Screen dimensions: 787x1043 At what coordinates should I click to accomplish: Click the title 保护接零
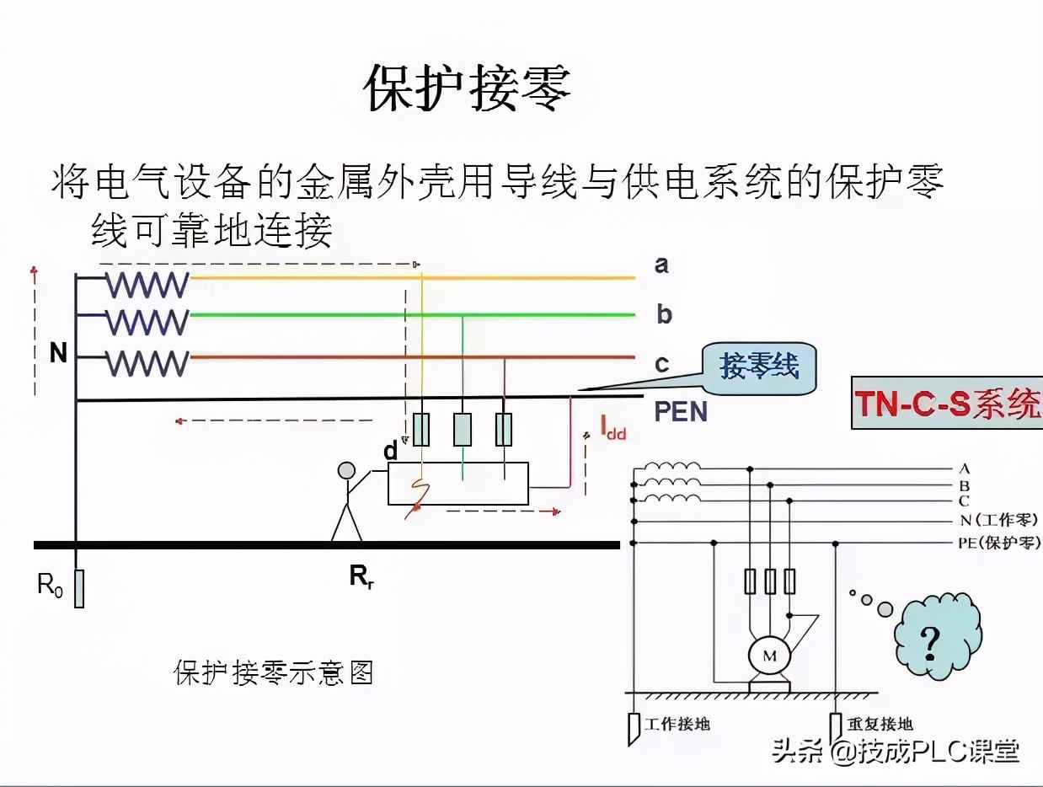(468, 87)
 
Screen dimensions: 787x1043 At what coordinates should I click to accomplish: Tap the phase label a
(662, 265)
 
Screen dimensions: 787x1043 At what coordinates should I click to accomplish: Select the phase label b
(664, 315)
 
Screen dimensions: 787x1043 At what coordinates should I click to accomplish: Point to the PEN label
(681, 412)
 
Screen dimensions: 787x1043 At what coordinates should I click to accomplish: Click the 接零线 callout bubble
(758, 367)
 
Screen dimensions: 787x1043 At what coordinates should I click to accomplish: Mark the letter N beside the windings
(57, 353)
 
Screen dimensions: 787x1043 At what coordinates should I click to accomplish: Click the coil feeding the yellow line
(147, 286)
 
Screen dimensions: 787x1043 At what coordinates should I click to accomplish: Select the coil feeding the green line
(147, 322)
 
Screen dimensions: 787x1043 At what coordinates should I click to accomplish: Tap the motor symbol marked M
(768, 656)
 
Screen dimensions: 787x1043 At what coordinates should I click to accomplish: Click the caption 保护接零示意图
(274, 672)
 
